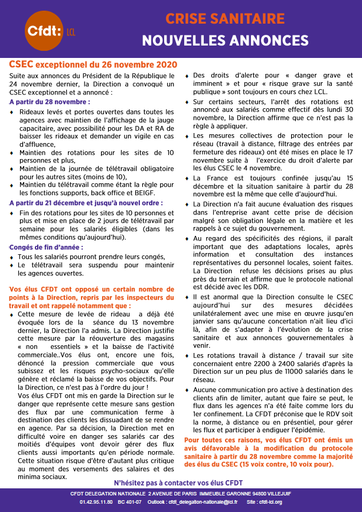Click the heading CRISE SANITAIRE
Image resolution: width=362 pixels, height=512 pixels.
click(224, 19)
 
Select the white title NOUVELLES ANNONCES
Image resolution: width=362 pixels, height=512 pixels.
click(224, 41)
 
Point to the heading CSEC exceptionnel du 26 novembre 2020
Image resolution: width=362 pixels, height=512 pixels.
click(93, 63)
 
